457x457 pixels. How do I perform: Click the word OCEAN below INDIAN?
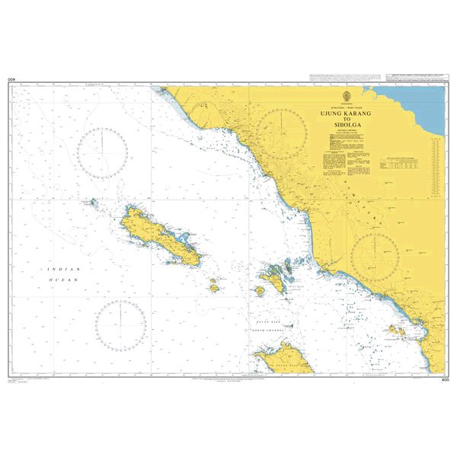59,281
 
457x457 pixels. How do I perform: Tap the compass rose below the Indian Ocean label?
120,325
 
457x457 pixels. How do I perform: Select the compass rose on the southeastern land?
375,257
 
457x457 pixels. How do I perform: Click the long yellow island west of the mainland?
159,235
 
